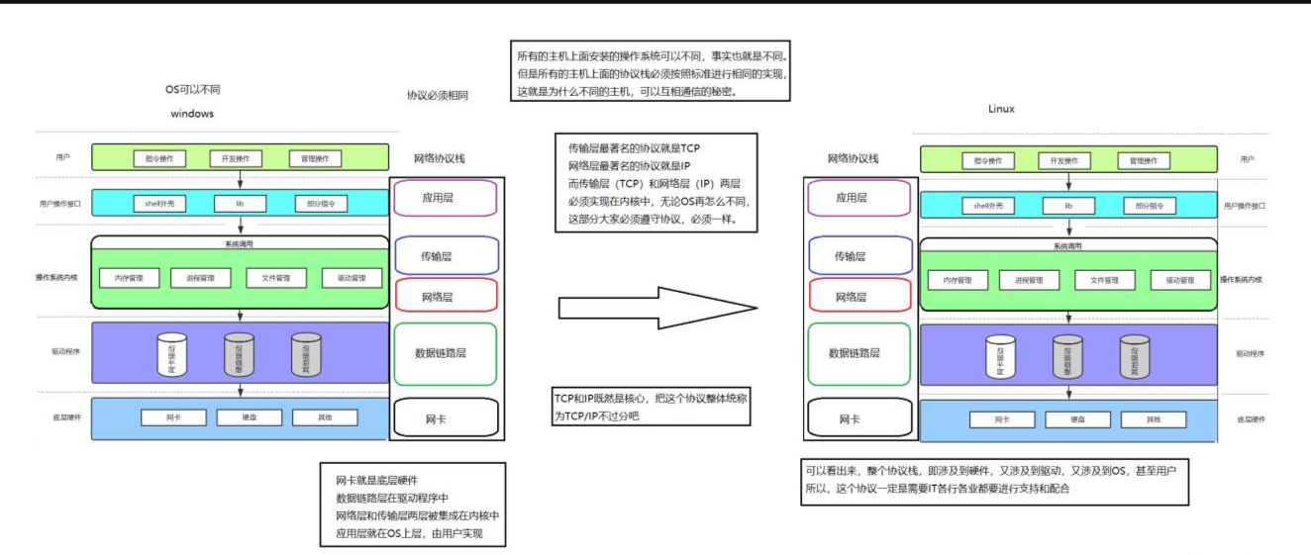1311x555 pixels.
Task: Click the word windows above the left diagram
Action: [192, 114]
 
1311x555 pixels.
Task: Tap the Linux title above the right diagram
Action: [1001, 109]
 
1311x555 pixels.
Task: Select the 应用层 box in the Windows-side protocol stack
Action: [445, 198]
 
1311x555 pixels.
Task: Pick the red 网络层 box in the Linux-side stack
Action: [857, 297]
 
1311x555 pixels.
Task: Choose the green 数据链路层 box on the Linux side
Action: [857, 353]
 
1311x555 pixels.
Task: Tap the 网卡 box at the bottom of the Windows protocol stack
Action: [444, 418]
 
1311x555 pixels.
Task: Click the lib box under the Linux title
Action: [1068, 206]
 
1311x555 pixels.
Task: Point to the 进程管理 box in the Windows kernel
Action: [200, 278]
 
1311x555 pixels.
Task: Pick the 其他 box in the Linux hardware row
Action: [1154, 419]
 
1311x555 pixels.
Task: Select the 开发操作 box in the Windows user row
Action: [236, 158]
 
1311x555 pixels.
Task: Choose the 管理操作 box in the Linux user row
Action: [1143, 160]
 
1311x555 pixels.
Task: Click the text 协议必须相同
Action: [438, 96]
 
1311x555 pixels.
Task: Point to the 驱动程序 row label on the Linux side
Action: [1250, 353]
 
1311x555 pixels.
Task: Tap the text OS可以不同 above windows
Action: [192, 89]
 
